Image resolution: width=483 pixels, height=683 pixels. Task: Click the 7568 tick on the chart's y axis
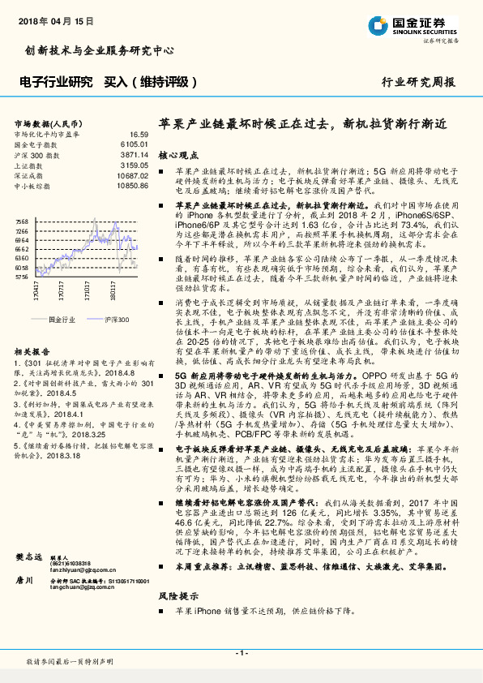(x=23, y=221)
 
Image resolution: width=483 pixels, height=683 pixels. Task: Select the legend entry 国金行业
(x=61, y=320)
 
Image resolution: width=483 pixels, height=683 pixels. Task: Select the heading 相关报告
(x=33, y=351)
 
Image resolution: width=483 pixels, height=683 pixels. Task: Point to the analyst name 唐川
(x=24, y=603)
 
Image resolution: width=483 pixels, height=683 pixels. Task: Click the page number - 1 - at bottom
(x=241, y=652)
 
